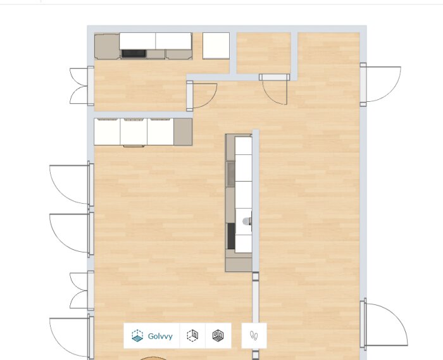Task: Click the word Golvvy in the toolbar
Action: pos(160,337)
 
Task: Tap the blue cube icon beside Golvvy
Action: pos(137,336)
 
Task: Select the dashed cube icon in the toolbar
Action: pos(192,335)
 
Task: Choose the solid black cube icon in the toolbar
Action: pos(218,335)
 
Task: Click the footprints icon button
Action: pos(254,335)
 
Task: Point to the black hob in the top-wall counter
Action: pos(134,53)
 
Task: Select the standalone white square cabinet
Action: pos(216,46)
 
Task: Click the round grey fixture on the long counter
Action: pos(246,221)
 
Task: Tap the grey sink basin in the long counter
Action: pos(231,174)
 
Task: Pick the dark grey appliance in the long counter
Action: pos(231,236)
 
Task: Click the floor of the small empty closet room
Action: pos(263,53)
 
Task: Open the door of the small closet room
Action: pos(275,87)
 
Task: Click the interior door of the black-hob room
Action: pos(201,96)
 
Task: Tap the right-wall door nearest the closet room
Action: pos(380,84)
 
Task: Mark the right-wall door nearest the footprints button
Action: pos(384,324)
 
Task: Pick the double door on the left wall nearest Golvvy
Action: pos(82,290)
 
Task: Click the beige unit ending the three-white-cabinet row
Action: pos(183,132)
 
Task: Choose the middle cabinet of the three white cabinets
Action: pos(134,132)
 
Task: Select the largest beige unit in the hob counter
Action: pos(107,47)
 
